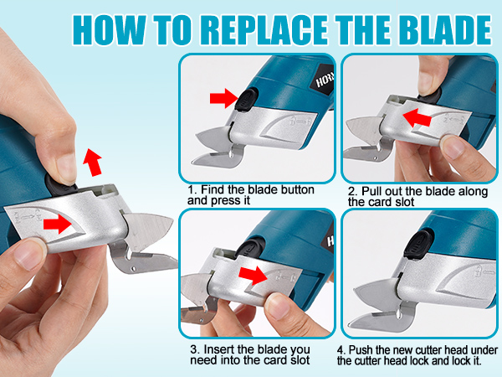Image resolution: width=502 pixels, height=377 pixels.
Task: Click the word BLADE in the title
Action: point(445,29)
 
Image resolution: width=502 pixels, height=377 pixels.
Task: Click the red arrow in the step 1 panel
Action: point(224,98)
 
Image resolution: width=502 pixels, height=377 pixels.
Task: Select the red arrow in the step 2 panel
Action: point(417,117)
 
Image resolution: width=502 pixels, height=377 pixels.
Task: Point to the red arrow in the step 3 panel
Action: point(254,275)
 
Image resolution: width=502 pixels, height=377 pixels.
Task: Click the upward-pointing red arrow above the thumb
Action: point(93,163)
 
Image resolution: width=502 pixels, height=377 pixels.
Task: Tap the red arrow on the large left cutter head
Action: point(57,224)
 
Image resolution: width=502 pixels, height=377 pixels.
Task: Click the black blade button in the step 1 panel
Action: point(246,100)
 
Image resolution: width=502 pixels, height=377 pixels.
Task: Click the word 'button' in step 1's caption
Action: point(297,190)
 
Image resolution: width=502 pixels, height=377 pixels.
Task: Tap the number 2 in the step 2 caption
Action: point(351,191)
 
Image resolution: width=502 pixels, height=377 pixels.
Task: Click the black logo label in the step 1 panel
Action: point(323,80)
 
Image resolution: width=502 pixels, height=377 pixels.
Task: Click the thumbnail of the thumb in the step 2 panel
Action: point(452,147)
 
